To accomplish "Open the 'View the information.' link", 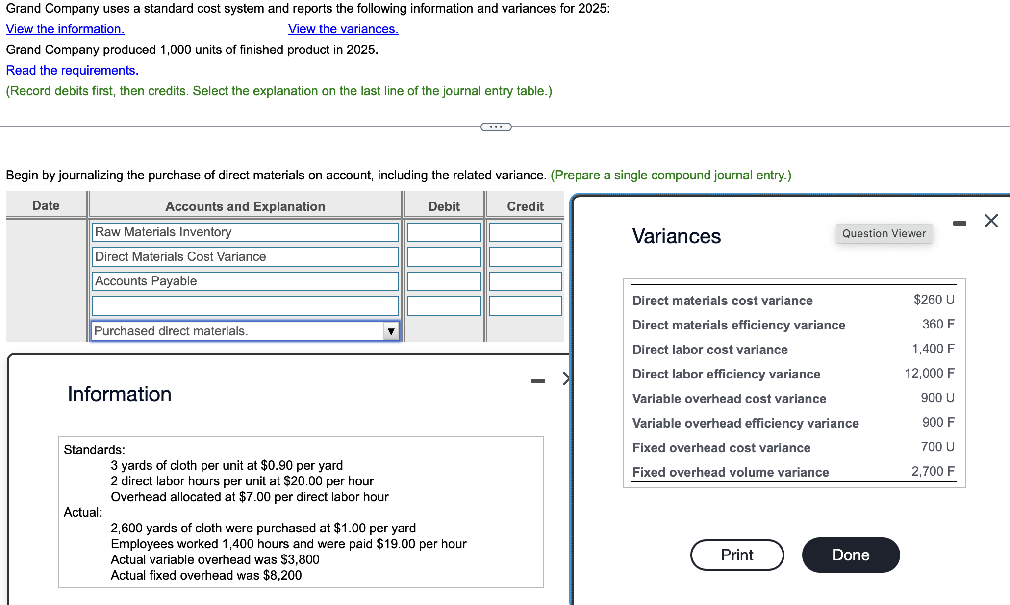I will [65, 29].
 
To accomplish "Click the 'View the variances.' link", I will [343, 29].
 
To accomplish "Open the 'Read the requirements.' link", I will [72, 71].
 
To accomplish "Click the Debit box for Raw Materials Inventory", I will [444, 232].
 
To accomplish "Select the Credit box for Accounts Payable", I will [525, 281].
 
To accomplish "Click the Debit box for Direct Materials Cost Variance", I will [444, 257].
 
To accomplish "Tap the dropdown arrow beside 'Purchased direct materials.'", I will [391, 331].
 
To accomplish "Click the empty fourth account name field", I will [245, 306].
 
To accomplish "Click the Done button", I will [851, 555].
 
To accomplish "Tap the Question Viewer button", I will [884, 234].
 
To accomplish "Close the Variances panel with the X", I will [991, 221].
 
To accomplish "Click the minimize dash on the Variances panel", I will [959, 224].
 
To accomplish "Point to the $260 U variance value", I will [934, 300].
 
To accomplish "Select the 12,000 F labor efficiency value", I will [929, 374].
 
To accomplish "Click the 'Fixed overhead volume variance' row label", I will [731, 472].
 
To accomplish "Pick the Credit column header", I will [525, 206].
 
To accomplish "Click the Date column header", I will [46, 205].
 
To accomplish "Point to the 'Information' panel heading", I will [120, 394].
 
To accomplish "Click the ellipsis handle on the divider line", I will [496, 127].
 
